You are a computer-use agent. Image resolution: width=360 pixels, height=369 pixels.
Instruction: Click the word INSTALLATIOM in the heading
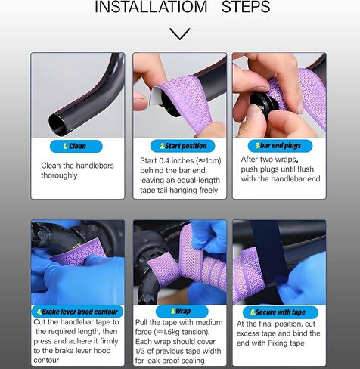pos(151,7)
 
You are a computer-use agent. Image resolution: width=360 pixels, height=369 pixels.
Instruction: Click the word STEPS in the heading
pos(246,7)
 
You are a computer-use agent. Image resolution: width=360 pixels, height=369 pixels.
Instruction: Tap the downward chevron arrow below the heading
pos(180,34)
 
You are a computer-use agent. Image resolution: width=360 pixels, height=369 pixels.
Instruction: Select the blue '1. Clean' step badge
pos(76,147)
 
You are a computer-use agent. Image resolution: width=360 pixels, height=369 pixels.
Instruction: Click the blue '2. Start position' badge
pos(182,146)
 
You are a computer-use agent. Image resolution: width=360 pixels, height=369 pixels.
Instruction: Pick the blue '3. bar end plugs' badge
pos(280,146)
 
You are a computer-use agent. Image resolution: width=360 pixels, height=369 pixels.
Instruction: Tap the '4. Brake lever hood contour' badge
pos(77,312)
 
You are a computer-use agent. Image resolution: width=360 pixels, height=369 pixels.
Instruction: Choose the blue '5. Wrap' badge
pos(182,312)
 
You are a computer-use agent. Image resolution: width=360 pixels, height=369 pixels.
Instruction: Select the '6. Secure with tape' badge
pos(281,312)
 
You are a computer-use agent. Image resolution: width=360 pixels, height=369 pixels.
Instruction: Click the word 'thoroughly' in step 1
pos(59,175)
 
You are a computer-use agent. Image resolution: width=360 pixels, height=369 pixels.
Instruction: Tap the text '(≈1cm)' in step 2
pos(209,161)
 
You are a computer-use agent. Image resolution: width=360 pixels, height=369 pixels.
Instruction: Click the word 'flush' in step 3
pos(306,169)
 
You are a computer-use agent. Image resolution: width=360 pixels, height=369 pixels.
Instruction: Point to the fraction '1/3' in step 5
pos(141,351)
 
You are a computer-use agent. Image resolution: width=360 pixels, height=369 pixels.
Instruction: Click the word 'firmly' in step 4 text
pos(109,341)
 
